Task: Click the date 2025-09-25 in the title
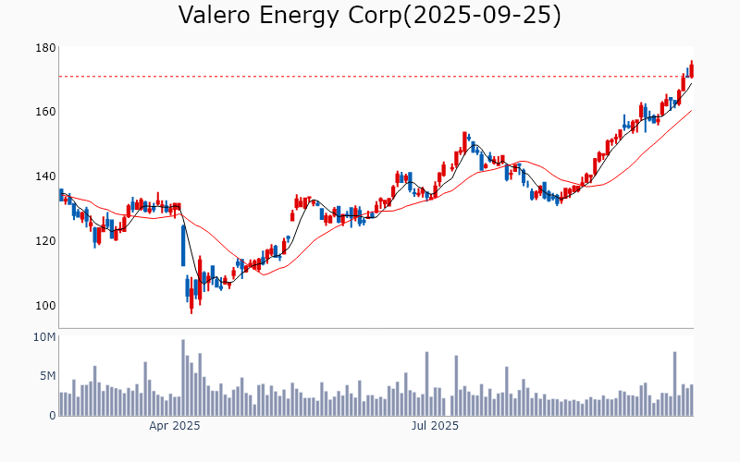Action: click(x=481, y=16)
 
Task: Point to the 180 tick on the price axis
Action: click(x=45, y=48)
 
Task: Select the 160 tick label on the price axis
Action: click(x=45, y=112)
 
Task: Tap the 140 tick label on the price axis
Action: click(x=45, y=176)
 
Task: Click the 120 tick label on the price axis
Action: click(x=45, y=241)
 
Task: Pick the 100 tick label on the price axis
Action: click(x=45, y=306)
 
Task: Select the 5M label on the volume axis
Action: click(x=47, y=376)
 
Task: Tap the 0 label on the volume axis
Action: click(x=52, y=415)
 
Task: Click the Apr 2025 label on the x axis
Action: click(x=175, y=426)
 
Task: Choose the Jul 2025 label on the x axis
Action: click(x=434, y=426)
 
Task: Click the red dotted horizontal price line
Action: click(x=370, y=76)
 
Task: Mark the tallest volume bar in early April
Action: click(x=183, y=378)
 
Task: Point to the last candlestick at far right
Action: click(x=691, y=69)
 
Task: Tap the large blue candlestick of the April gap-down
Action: click(x=183, y=246)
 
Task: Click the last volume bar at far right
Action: click(x=691, y=400)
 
